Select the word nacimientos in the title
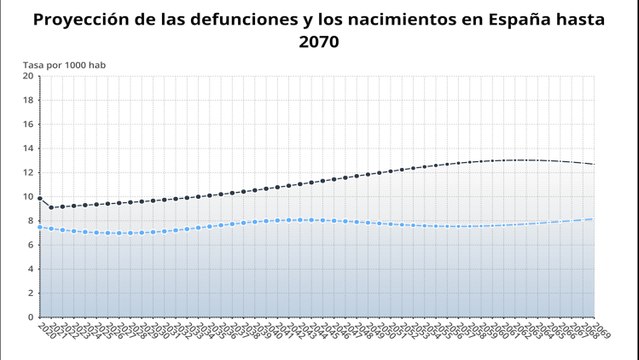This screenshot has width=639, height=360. pos(392,19)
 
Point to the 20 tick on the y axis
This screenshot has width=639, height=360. pos(28,76)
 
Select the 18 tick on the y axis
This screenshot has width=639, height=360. pos(28,100)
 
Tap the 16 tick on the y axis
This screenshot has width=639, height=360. pos(28,124)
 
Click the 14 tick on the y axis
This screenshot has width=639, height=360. pos(28,148)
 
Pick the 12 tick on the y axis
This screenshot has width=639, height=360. pos(28,172)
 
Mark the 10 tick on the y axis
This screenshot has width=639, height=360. pos(28,196)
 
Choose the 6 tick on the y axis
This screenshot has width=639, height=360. pos(30,245)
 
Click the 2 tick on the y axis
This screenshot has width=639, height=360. pos(30,293)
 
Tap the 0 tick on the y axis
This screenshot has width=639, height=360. pos(30,317)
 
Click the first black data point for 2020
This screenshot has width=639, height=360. pos(40,199)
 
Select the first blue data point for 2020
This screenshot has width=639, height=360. pos(40,227)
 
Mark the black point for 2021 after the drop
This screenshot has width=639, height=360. pos(51,208)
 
